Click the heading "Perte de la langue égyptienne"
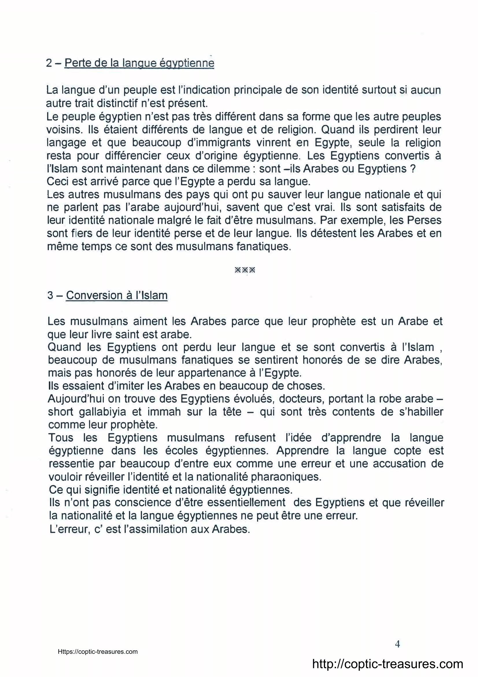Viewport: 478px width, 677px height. pos(139,63)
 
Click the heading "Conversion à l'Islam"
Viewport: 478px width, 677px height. pos(117,295)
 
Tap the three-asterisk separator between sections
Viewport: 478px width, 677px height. pos(245,270)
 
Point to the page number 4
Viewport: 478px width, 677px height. pos(397,644)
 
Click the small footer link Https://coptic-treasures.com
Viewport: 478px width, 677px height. pos(98,652)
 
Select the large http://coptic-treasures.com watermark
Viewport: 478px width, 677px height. pos(387,664)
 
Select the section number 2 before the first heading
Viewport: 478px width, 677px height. pos(49,63)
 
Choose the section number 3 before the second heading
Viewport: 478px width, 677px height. pos(50,295)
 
